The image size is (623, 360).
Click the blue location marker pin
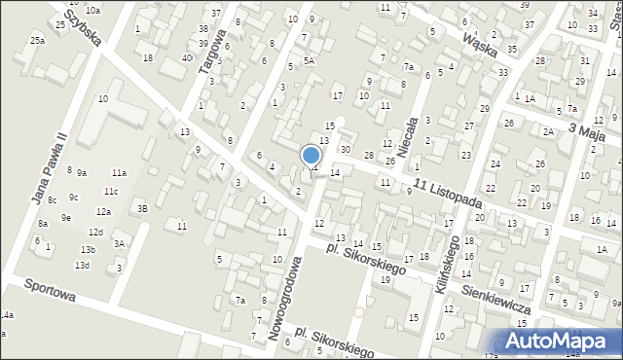click(x=311, y=155)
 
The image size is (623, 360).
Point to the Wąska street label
click(x=481, y=44)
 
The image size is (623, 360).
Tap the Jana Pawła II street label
click(x=48, y=168)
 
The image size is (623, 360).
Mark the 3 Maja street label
click(x=586, y=131)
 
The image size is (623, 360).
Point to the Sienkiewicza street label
click(x=496, y=296)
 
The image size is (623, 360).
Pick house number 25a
click(x=37, y=40)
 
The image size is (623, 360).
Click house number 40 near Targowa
click(x=186, y=58)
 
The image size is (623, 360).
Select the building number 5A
click(x=309, y=60)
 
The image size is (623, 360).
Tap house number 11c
click(x=111, y=191)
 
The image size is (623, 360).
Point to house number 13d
click(x=83, y=265)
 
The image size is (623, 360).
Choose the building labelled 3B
click(x=142, y=207)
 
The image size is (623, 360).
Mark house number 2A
click(x=548, y=131)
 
